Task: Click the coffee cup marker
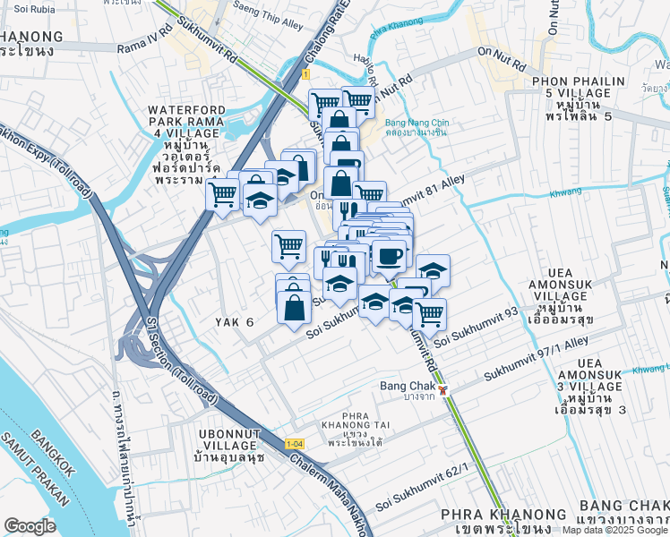389,257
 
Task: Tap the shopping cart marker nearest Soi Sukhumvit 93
430,313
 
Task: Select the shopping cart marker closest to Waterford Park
223,194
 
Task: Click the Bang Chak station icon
443,390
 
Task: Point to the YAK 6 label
235,321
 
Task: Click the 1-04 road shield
294,444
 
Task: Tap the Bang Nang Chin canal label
416,127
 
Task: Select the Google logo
30,526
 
